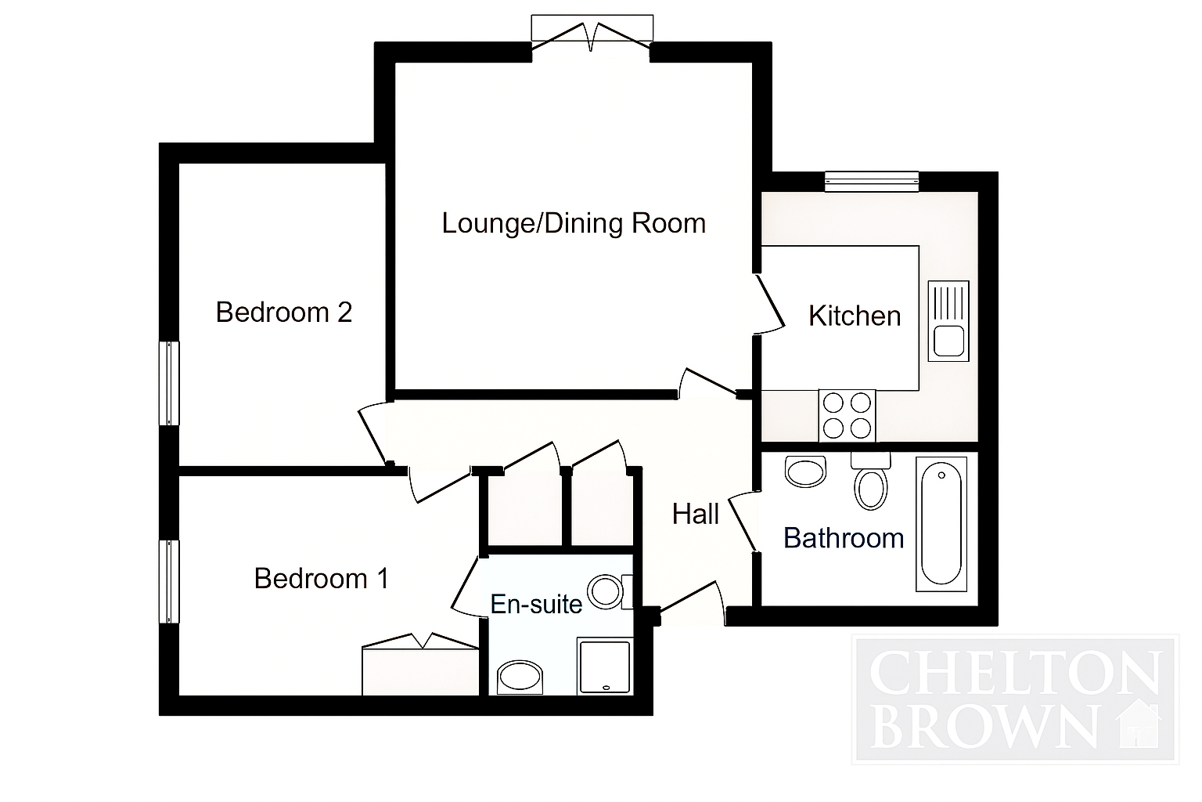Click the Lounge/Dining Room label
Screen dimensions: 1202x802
[574, 223]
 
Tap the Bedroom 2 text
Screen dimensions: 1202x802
[284, 312]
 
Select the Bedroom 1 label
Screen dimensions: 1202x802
[321, 579]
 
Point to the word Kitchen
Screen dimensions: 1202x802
[855, 316]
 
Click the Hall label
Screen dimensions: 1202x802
[696, 514]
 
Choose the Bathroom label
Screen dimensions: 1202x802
[844, 538]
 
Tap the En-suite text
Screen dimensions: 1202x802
[536, 605]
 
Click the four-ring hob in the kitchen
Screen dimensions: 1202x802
[847, 417]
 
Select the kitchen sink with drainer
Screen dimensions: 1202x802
[948, 320]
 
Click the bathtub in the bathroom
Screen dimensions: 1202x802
[941, 524]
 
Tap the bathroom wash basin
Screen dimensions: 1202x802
[805, 471]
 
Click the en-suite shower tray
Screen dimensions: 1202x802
[604, 666]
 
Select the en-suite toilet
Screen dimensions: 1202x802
[610, 592]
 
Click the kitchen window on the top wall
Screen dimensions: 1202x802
[872, 182]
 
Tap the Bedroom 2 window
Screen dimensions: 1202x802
[169, 384]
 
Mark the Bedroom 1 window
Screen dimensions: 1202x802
[169, 582]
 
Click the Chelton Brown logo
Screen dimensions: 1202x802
[1015, 699]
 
